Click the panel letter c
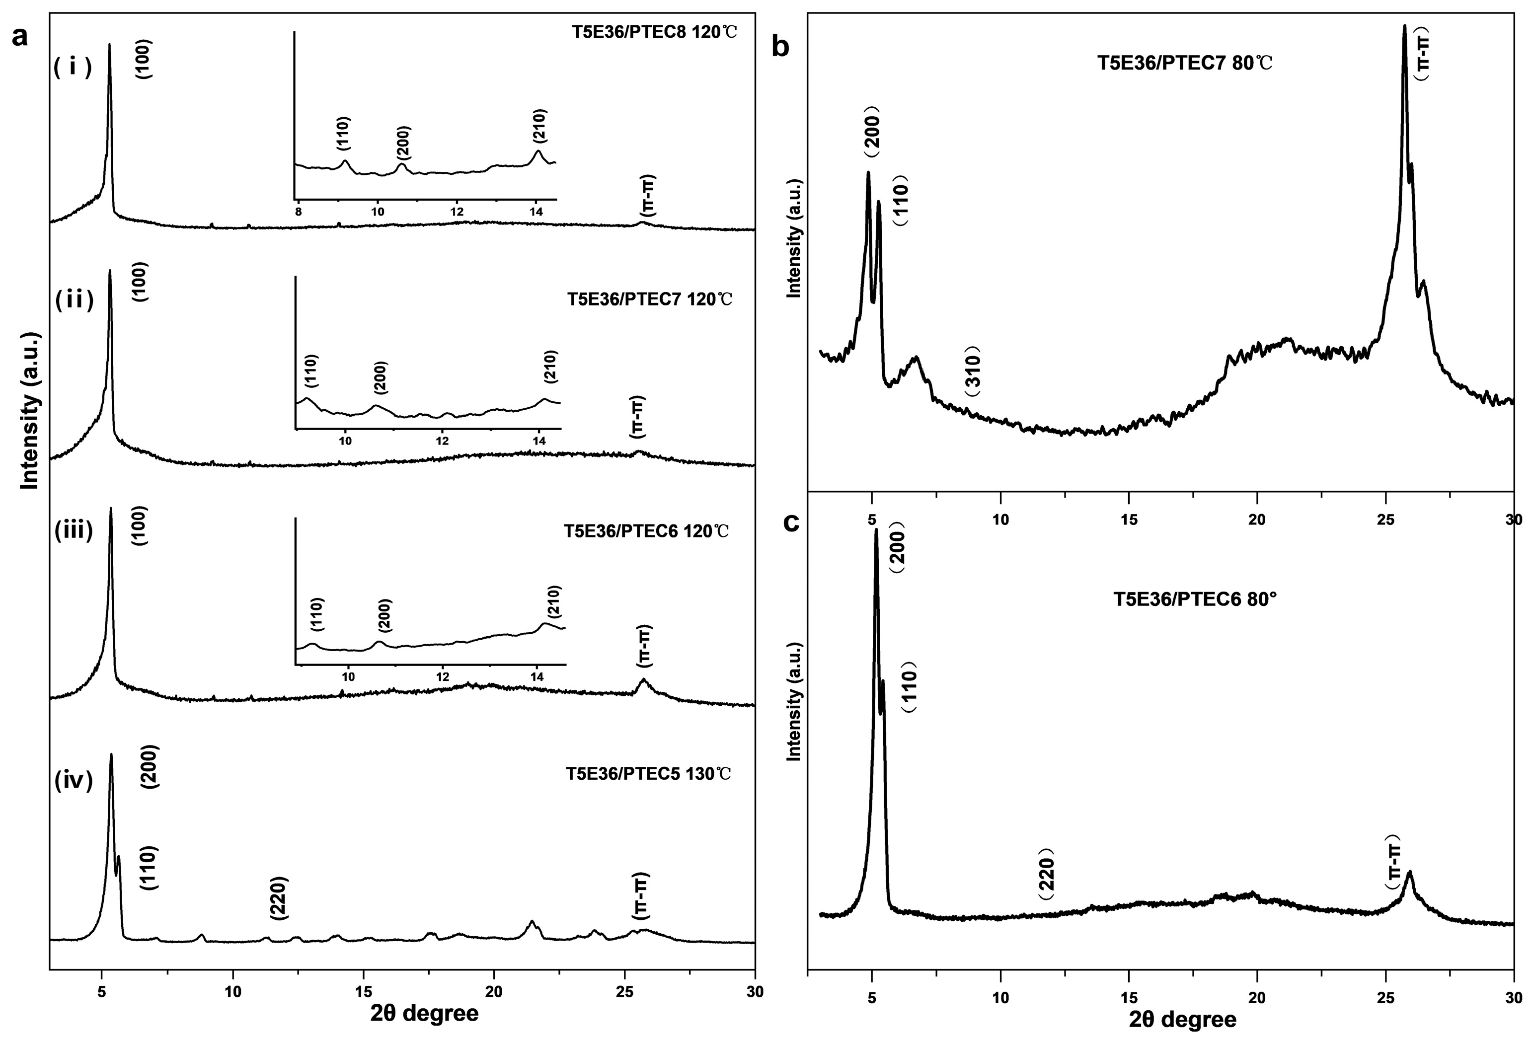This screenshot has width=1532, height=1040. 791,522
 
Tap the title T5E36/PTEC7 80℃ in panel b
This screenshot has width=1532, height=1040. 1185,64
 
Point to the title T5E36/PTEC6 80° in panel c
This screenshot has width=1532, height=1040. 1195,600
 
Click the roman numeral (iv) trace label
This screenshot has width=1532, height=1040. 73,780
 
